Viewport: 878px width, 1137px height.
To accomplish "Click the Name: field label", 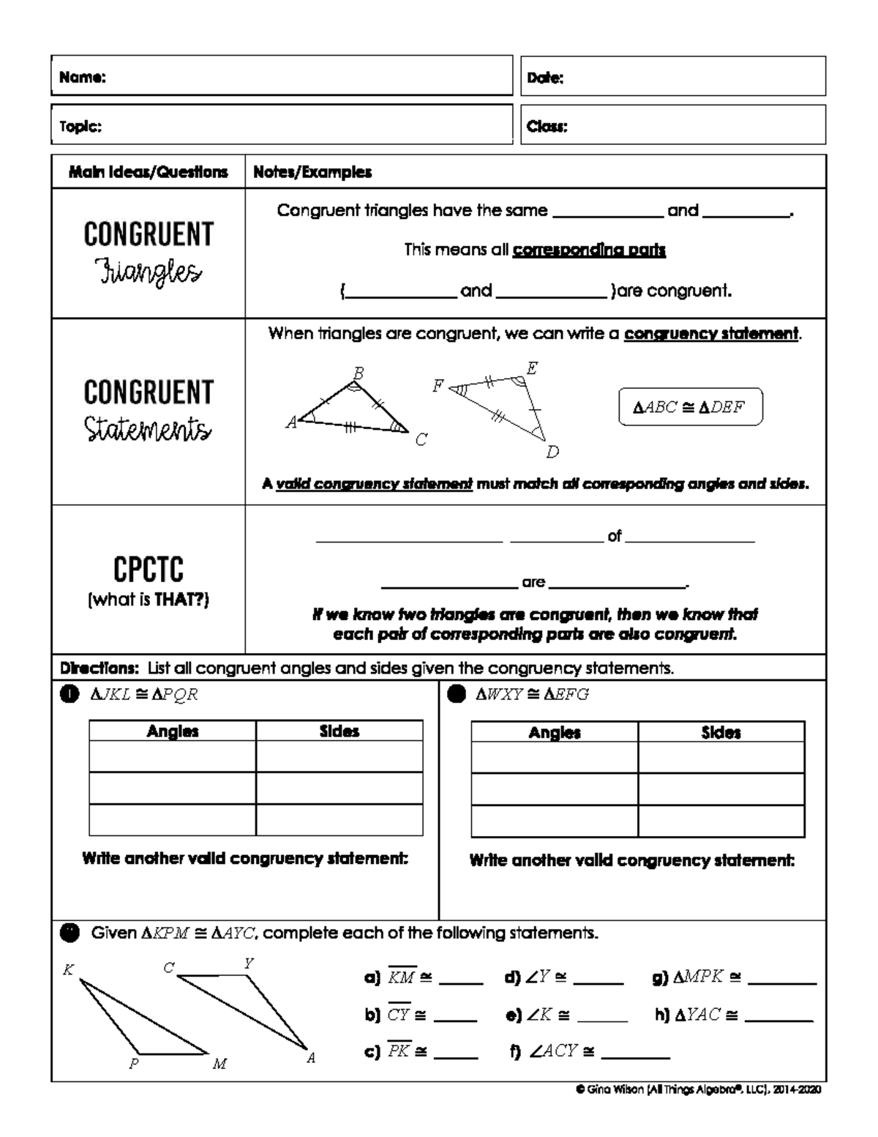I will coord(82,78).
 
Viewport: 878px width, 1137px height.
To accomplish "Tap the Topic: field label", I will coord(80,126).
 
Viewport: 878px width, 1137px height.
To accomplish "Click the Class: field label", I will coord(547,126).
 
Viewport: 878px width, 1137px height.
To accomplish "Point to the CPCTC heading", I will coord(148,570).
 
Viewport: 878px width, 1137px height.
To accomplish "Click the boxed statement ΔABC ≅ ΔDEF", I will coord(690,407).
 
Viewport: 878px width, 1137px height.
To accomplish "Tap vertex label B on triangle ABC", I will coord(358,373).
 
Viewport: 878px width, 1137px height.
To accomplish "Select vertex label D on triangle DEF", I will coord(552,452).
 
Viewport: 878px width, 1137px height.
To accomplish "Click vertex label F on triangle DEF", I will coord(437,386).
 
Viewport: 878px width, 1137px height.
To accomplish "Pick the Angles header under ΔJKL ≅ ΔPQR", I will coord(173,731).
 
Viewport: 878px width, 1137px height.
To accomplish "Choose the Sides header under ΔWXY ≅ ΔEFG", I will coord(721,732).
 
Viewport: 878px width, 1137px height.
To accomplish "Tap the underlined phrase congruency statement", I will coord(710,334).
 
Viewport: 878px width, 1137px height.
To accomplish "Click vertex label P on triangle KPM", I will coord(134,1064).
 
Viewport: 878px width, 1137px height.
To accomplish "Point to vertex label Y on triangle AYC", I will coord(249,963).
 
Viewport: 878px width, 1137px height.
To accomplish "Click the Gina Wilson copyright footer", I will coord(699,1090).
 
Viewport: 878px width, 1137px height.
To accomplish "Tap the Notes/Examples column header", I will coord(312,172).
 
